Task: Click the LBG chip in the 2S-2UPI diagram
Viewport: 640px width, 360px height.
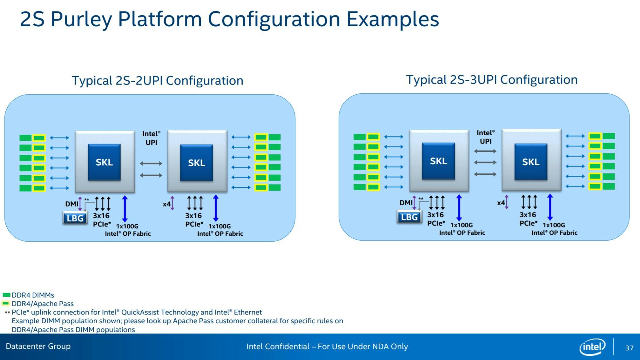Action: click(x=75, y=218)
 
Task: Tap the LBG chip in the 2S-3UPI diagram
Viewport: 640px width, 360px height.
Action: click(x=409, y=217)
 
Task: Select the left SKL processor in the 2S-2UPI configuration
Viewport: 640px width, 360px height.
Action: click(x=104, y=162)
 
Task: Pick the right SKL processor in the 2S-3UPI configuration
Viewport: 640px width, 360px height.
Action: click(x=531, y=162)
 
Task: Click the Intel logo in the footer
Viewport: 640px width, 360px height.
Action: click(x=592, y=347)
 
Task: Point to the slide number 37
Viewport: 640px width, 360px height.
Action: click(x=629, y=348)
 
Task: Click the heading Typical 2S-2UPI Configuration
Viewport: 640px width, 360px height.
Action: click(x=157, y=80)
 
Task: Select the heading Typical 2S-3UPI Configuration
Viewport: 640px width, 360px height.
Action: click(x=492, y=80)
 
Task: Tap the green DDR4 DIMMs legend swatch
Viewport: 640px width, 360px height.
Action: click(x=6, y=295)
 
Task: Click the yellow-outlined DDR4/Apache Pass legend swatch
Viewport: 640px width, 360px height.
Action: click(x=6, y=304)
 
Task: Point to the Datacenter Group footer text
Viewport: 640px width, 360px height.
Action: click(x=38, y=346)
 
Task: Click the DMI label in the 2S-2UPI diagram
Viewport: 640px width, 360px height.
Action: click(x=71, y=204)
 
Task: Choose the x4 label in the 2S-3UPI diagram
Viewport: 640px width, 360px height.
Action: click(x=501, y=203)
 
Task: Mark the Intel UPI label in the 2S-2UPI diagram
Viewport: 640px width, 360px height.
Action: click(x=151, y=138)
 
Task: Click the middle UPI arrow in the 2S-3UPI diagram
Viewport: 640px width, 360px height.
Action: click(x=485, y=163)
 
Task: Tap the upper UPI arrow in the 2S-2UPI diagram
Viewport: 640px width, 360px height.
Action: click(x=151, y=164)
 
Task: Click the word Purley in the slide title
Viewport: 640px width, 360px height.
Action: click(x=81, y=19)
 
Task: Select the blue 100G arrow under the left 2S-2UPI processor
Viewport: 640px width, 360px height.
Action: click(x=125, y=209)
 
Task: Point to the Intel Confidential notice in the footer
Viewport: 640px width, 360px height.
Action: click(x=327, y=347)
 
